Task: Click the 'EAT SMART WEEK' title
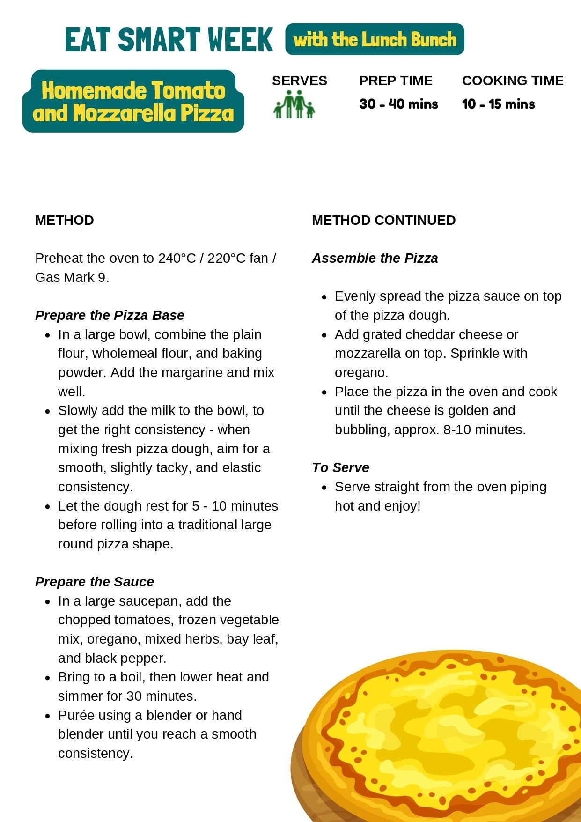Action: [169, 39]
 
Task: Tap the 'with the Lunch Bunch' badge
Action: [375, 39]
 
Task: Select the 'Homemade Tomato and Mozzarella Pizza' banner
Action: [133, 101]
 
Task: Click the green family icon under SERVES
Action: [294, 104]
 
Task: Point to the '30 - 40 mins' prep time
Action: [398, 104]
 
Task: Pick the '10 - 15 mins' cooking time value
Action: [498, 104]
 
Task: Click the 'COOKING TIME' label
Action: [513, 81]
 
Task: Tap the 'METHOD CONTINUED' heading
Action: [383, 220]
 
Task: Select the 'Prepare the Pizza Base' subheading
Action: [110, 315]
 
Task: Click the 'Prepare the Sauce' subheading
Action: [95, 582]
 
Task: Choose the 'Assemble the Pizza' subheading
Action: [375, 258]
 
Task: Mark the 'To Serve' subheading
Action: [340, 467]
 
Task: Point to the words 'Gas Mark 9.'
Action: [72, 277]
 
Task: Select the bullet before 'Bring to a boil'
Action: [48, 678]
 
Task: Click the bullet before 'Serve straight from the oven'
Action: [324, 488]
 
